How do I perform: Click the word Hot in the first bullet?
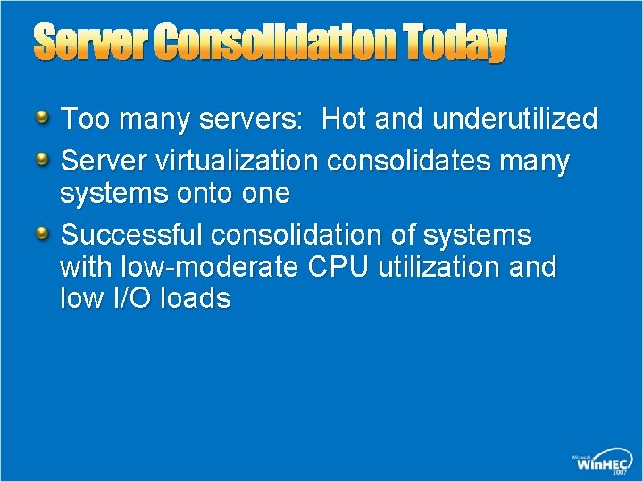(346, 119)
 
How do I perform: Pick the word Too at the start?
(80, 119)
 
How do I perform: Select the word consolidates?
(397, 162)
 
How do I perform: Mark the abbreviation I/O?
(132, 297)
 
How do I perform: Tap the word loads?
(196, 297)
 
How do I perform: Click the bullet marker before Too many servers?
(44, 116)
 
